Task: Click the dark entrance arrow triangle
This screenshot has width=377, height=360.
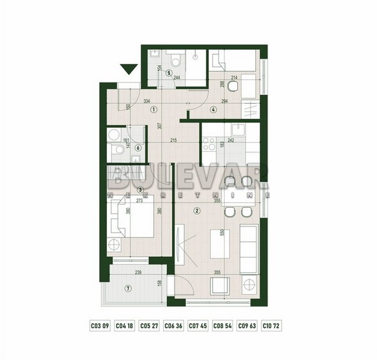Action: [128, 68]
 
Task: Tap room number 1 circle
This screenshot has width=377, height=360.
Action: [153, 110]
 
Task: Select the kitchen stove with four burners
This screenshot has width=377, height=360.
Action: [209, 143]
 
